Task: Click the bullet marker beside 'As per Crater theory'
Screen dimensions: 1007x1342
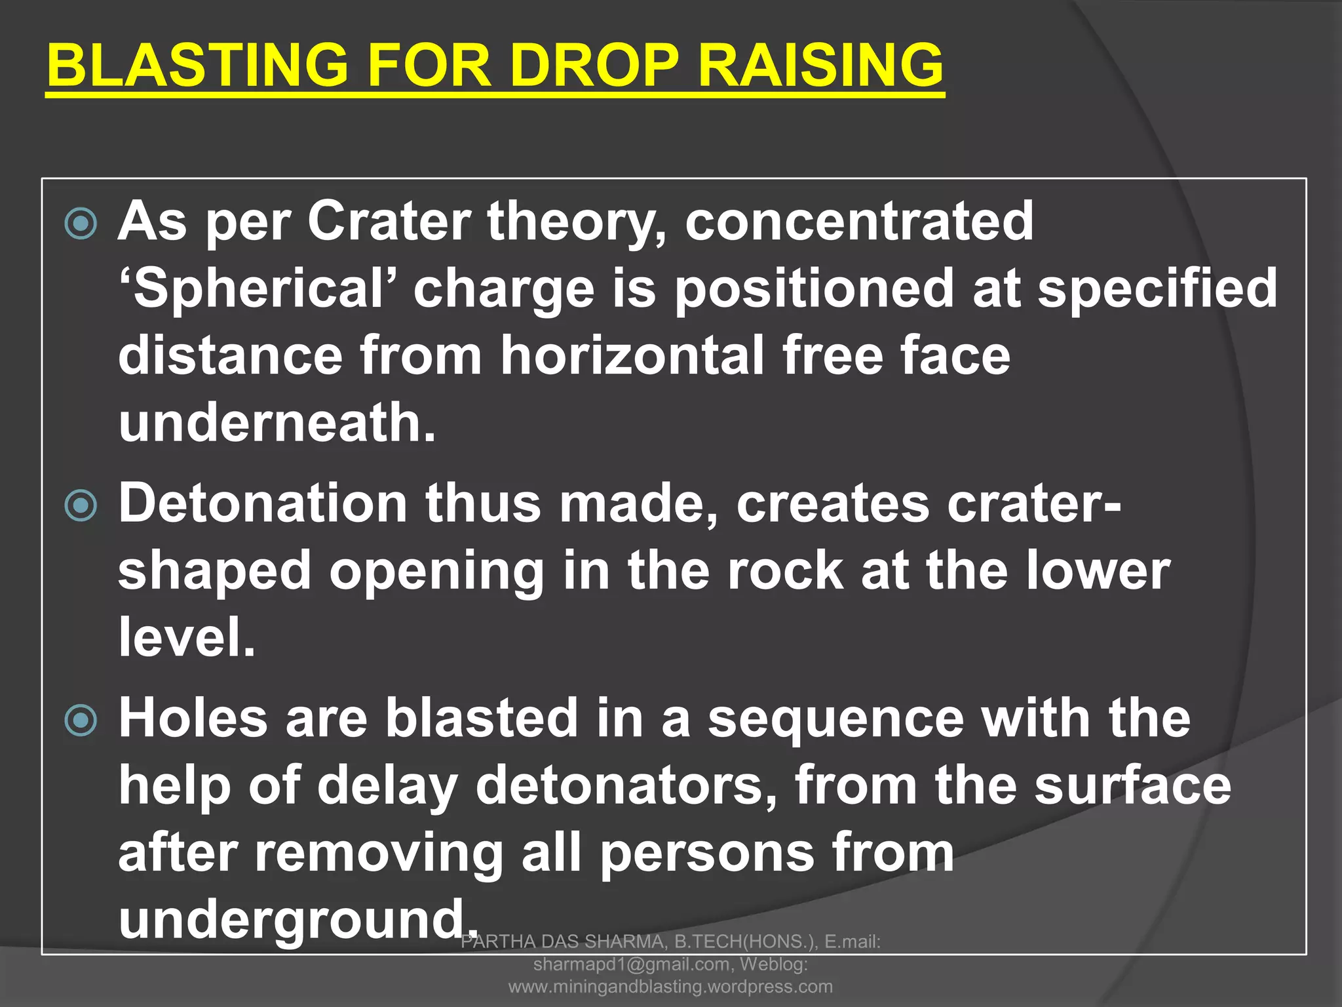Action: point(81,224)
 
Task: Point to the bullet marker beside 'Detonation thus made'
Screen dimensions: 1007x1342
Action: point(81,505)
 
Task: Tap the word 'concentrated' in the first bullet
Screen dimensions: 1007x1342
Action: point(859,221)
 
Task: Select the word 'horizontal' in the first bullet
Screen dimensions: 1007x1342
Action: point(632,355)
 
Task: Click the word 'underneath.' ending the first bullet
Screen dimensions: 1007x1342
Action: point(277,423)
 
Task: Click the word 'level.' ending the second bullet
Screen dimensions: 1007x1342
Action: point(187,638)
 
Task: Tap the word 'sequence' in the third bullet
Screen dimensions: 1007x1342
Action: point(836,719)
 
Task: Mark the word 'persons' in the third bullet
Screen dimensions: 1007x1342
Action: point(707,853)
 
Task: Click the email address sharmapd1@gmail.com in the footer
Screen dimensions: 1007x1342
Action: point(631,964)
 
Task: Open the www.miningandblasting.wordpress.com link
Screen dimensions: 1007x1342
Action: point(670,987)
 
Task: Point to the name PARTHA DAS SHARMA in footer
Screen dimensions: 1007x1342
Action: point(563,942)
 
